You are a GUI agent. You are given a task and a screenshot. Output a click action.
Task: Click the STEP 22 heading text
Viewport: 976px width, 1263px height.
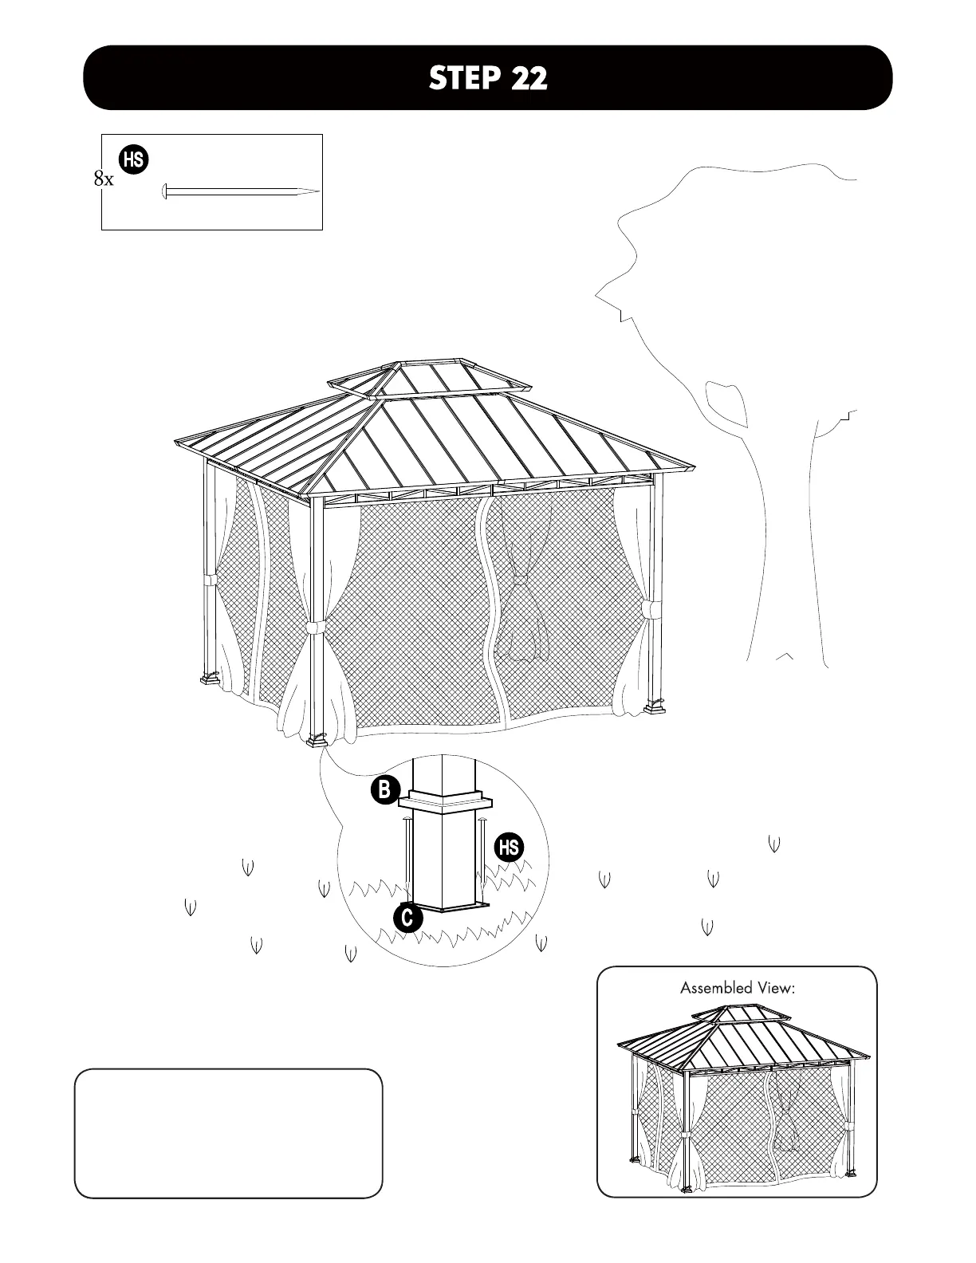click(488, 77)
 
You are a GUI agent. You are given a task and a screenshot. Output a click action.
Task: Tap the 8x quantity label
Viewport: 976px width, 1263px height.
click(104, 179)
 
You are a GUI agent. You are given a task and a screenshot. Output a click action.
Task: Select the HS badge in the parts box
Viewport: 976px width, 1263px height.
click(133, 159)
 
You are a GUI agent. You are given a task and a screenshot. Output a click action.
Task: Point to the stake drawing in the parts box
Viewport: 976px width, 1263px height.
click(240, 191)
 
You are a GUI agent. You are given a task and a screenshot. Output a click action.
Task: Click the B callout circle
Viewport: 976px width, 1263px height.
click(384, 790)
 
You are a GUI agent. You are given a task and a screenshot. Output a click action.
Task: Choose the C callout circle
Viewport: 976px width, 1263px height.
click(407, 918)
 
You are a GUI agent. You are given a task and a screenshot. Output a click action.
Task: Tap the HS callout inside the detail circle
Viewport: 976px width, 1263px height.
click(510, 847)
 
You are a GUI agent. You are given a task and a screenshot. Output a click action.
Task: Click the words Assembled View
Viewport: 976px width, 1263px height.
click(738, 988)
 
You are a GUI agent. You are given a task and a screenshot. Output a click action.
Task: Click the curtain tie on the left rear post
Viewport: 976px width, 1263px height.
click(210, 580)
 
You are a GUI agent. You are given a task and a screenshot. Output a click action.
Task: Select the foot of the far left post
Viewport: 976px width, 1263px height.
click(210, 680)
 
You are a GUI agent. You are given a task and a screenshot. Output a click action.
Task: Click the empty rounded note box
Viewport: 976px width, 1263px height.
click(228, 1133)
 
